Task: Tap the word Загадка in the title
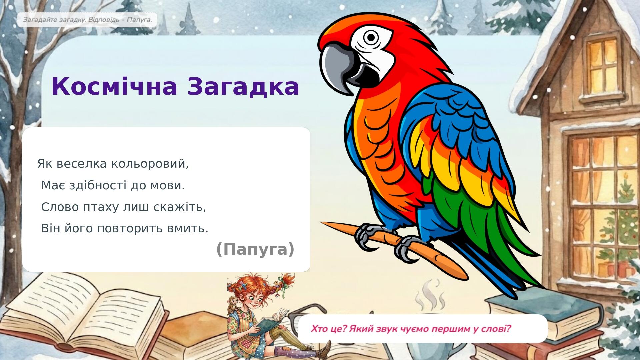pos(243,87)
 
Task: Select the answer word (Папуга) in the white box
pos(255,249)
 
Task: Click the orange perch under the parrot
pos(393,248)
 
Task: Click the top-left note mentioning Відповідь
pos(87,20)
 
